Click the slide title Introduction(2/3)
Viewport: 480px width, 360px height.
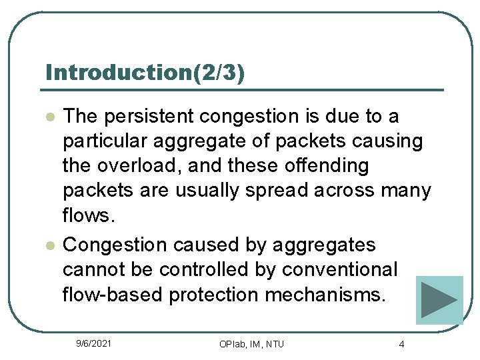(145, 73)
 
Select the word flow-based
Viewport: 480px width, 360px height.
(113, 295)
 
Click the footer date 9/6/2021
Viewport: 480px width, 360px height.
(94, 343)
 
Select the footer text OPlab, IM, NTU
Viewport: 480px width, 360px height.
(251, 344)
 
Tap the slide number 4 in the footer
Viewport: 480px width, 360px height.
(401, 344)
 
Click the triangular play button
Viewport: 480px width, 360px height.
(439, 300)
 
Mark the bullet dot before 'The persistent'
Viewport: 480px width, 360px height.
(49, 117)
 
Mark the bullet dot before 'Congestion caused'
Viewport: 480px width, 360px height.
(49, 246)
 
